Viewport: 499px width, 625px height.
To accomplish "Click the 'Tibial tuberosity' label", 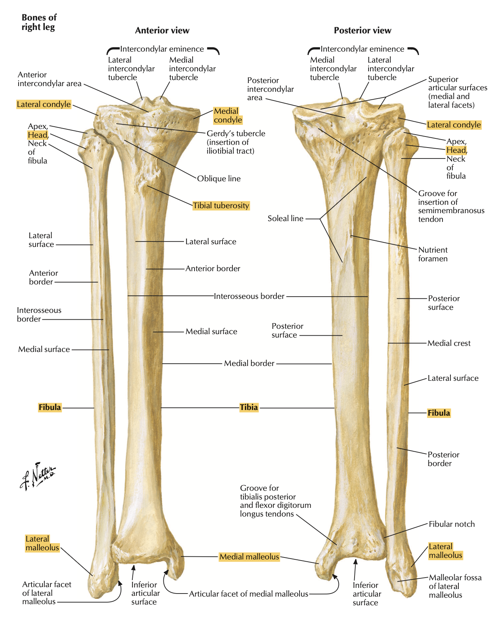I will (221, 206).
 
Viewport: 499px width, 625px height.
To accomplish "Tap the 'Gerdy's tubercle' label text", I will (235, 133).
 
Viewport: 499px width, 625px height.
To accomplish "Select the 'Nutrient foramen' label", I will (433, 254).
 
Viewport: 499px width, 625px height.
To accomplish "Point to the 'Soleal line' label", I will (285, 218).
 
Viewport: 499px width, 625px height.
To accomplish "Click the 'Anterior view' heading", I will (162, 31).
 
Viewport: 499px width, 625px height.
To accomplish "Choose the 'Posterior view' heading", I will (362, 31).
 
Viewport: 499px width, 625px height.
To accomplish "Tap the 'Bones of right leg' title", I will (39, 22).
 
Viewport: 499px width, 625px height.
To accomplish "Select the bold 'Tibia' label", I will (249, 407).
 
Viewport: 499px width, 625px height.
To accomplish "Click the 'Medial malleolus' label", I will (249, 557).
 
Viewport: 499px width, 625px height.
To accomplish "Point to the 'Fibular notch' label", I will (452, 524).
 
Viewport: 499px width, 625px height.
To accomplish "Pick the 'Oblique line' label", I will (219, 179).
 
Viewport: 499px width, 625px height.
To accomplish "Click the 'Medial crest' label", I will (449, 343).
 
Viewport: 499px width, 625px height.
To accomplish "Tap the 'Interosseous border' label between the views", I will (249, 296).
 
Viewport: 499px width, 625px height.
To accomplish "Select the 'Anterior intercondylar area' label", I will (49, 79).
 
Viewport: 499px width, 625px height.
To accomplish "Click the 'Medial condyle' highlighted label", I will (228, 116).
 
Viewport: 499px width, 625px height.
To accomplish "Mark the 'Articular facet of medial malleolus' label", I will (248, 594).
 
